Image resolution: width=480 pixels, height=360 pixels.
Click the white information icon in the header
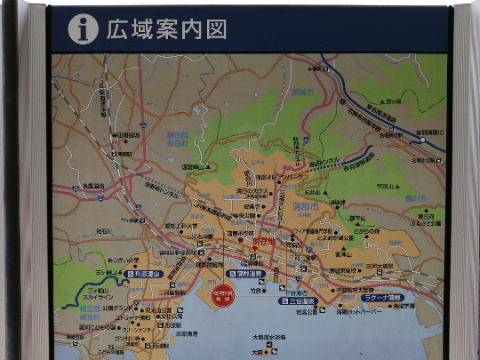(x=83, y=29)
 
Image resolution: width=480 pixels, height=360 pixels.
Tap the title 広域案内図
(x=166, y=29)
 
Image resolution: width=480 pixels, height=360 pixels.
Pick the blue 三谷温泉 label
(x=303, y=300)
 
